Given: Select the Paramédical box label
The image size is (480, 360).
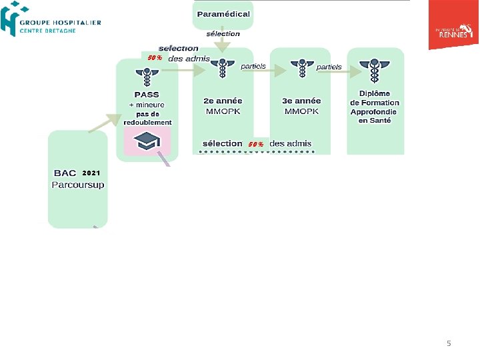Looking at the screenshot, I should tap(223, 14).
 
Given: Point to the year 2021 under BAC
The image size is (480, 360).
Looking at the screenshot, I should tap(91, 173).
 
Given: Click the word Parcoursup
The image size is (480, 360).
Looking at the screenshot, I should tap(78, 185).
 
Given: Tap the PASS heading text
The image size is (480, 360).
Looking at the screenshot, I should tap(147, 95).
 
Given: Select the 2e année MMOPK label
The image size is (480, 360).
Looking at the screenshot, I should tap(223, 105).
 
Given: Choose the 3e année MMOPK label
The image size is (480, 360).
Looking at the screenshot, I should tap(301, 105).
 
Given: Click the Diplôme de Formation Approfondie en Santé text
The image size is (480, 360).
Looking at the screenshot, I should tap(375, 107).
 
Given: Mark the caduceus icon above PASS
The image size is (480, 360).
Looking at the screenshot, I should tap(147, 75).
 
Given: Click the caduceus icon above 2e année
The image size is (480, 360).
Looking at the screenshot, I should tap(224, 68).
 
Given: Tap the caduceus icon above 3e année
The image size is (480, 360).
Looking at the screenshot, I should tap(301, 68).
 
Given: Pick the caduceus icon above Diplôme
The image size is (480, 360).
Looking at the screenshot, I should tap(374, 68).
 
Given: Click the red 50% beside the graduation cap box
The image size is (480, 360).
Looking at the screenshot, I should tap(256, 144).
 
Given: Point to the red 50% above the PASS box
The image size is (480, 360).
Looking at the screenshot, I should tap(155, 58).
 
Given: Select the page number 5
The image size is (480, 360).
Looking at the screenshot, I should tap(449, 343).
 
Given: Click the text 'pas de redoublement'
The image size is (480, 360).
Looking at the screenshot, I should tap(147, 118).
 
